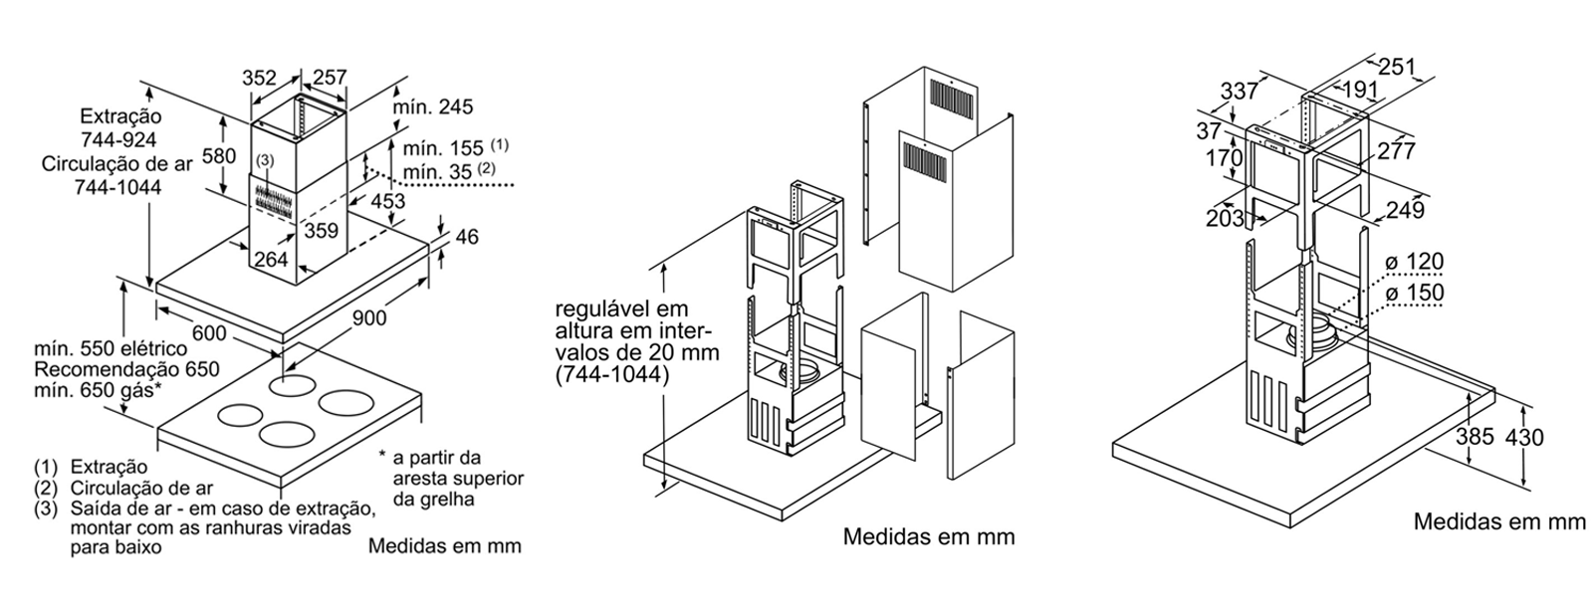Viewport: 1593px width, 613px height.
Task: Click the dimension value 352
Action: [261, 79]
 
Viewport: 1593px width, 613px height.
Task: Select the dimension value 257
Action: [330, 79]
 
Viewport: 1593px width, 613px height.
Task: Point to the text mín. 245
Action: [431, 107]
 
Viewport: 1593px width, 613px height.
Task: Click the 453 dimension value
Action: [386, 201]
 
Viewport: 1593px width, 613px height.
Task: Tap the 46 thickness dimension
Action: [466, 237]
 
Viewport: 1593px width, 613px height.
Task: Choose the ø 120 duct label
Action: [1413, 263]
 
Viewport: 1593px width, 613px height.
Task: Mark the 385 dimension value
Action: [1475, 437]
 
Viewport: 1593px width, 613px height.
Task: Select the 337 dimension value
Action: [1239, 92]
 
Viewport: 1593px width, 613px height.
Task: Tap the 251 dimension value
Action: [1397, 67]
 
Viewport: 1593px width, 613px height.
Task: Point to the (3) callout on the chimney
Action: [264, 159]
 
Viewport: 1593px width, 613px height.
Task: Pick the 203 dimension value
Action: [1225, 217]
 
